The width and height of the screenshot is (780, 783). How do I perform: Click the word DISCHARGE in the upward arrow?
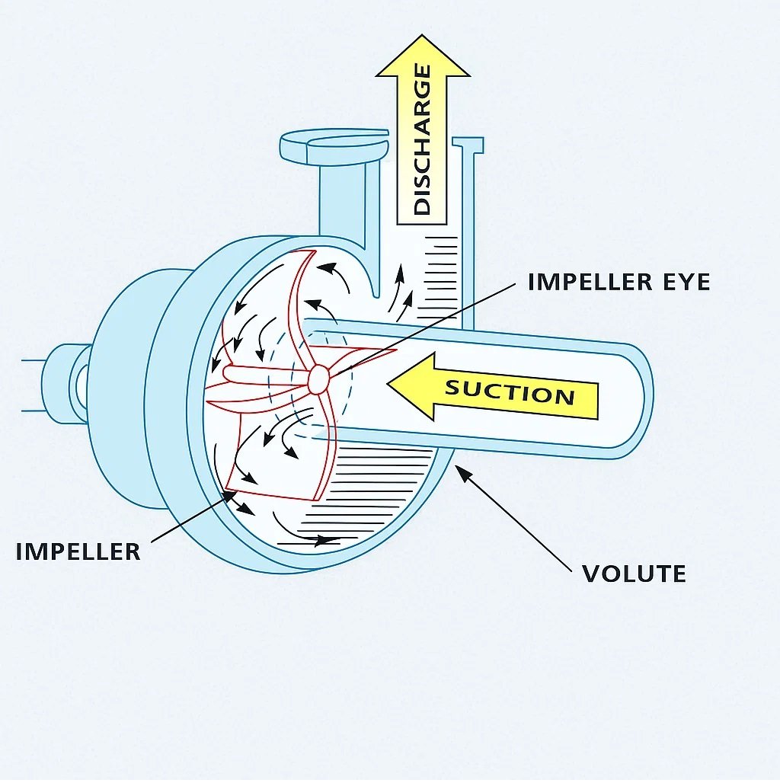[423, 140]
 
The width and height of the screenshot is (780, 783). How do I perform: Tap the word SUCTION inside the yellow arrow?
[509, 393]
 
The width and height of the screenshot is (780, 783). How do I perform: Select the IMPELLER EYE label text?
[619, 282]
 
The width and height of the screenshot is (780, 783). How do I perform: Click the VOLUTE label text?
[634, 573]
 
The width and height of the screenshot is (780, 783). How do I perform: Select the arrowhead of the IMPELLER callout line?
[232, 494]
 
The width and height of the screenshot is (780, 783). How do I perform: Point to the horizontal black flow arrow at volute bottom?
[320, 540]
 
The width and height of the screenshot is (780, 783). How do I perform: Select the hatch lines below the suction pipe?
[381, 487]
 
